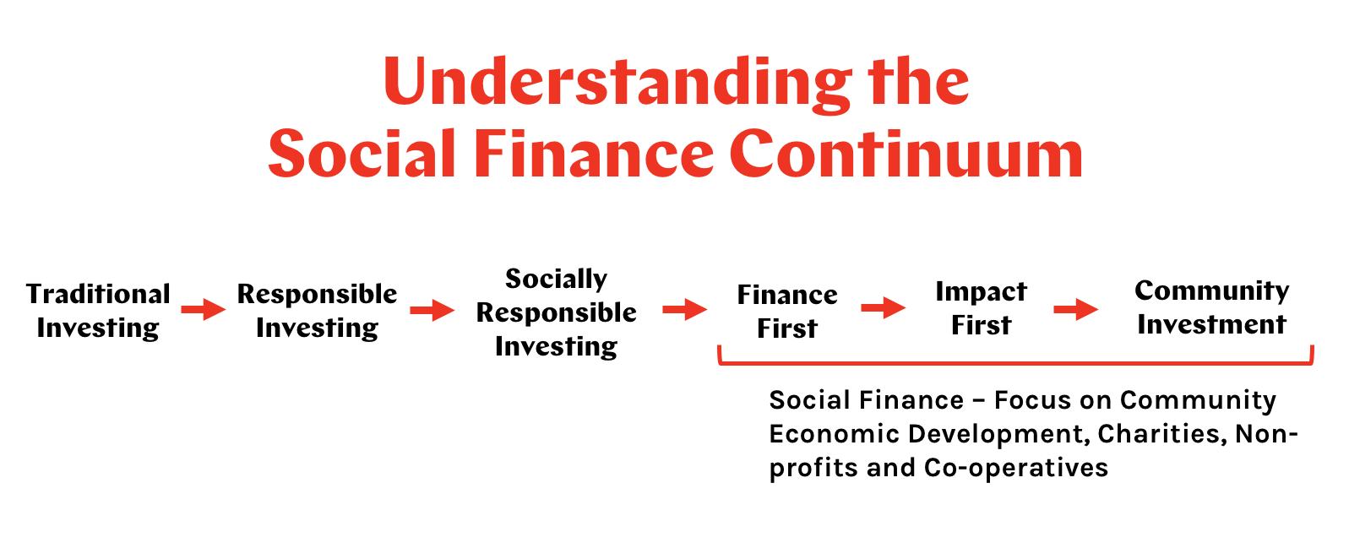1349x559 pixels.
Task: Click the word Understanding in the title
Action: [617, 84]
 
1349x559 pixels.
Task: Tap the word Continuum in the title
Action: [906, 154]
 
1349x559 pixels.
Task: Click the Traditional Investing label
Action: [98, 311]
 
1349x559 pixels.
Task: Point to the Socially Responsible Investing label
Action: [556, 313]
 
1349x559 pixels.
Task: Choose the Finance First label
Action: [787, 311]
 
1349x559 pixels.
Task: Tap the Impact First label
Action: [981, 308]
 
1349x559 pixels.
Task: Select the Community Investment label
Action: [1211, 307]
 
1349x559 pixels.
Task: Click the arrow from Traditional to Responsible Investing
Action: [204, 309]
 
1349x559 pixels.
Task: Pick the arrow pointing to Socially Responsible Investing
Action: [432, 311]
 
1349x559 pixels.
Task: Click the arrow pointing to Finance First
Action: [685, 310]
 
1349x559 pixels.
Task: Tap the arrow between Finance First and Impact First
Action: [884, 308]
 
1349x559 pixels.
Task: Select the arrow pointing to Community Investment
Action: [1076, 309]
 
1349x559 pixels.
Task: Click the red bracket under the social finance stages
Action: [1015, 363]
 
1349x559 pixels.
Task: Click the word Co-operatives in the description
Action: [1016, 468]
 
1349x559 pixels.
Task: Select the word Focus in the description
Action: [1032, 401]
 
